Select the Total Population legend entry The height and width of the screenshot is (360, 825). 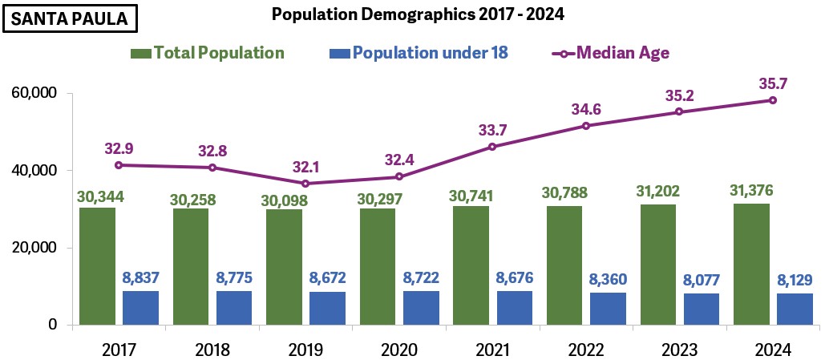pyautogui.click(x=208, y=54)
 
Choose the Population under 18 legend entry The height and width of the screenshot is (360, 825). pyautogui.click(x=419, y=54)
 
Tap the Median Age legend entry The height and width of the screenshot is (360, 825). pyautogui.click(x=611, y=54)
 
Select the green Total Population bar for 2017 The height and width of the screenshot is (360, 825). pyautogui.click(x=97, y=266)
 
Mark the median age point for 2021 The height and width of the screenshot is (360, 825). pyautogui.click(x=492, y=147)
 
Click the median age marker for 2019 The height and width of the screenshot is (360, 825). pyautogui.click(x=305, y=184)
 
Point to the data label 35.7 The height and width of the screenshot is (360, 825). pyautogui.click(x=773, y=83)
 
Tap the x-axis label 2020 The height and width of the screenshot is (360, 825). pyautogui.click(x=398, y=350)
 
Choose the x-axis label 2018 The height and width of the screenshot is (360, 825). pyautogui.click(x=212, y=350)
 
